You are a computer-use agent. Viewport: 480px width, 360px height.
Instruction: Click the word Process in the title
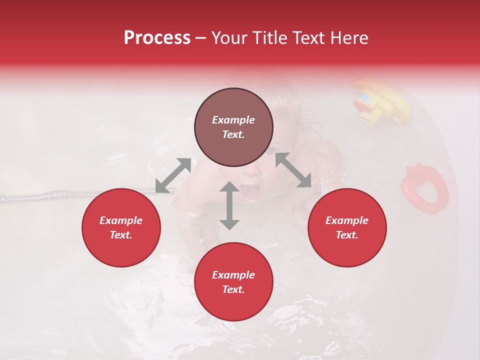coord(157,38)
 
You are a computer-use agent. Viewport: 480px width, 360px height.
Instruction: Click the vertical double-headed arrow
coord(229,205)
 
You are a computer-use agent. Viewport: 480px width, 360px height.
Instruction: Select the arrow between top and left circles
coord(173,175)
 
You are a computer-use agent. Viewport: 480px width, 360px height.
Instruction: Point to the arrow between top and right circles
coord(293,170)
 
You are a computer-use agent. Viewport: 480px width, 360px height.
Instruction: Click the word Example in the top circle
coord(233,120)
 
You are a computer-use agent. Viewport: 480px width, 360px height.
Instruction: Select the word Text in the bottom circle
coord(233,289)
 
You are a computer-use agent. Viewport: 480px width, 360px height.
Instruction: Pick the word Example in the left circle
coord(121,220)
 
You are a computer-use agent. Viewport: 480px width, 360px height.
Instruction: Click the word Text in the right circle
coord(347,235)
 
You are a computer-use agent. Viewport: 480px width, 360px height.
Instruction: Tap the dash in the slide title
coord(200,38)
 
